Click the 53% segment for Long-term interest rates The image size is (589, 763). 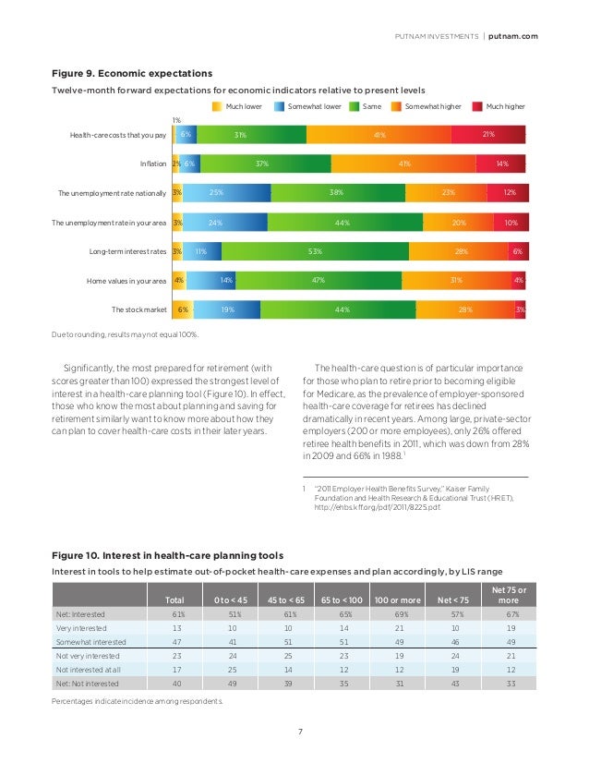click(x=315, y=251)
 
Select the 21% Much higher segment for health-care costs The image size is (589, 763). click(x=488, y=135)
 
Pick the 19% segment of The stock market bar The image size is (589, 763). click(x=227, y=310)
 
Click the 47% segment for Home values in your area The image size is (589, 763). click(x=317, y=281)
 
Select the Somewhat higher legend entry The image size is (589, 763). click(x=430, y=106)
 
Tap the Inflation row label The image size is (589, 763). click(x=152, y=164)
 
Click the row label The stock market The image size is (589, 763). click(x=138, y=310)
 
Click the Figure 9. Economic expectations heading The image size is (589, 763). click(x=132, y=73)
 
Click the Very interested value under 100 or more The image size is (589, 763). click(x=399, y=627)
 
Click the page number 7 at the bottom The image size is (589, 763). click(x=300, y=733)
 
